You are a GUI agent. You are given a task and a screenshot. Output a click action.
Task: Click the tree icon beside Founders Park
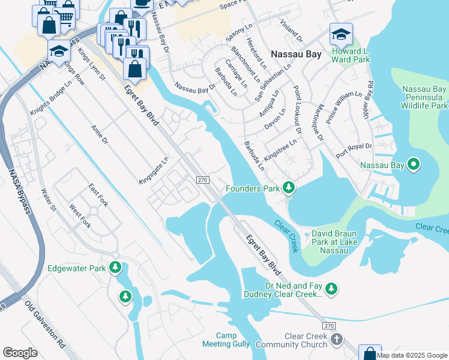coord(289,188)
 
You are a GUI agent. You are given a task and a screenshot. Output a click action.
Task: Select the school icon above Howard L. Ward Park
coord(340,35)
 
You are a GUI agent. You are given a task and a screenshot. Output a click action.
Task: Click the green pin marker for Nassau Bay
coord(414,164)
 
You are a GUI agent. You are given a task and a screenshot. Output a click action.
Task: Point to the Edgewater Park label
coord(76,268)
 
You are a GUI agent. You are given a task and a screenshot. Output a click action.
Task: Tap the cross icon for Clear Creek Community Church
coord(337,340)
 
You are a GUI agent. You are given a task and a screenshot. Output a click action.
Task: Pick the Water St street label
coord(48,200)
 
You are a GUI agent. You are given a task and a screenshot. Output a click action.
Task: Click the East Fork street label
coord(98,196)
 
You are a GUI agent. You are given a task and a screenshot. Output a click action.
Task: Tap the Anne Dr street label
coord(99,136)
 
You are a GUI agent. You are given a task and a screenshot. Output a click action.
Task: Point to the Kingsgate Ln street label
coord(154,167)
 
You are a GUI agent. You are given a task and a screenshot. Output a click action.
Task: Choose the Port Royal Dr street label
coord(354,150)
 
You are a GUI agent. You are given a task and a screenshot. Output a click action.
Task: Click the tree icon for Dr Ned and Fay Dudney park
coord(331,290)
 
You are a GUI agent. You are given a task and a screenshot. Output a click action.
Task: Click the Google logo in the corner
coord(20,352)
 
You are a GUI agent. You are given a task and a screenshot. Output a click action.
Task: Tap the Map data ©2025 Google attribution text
coord(412,355)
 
